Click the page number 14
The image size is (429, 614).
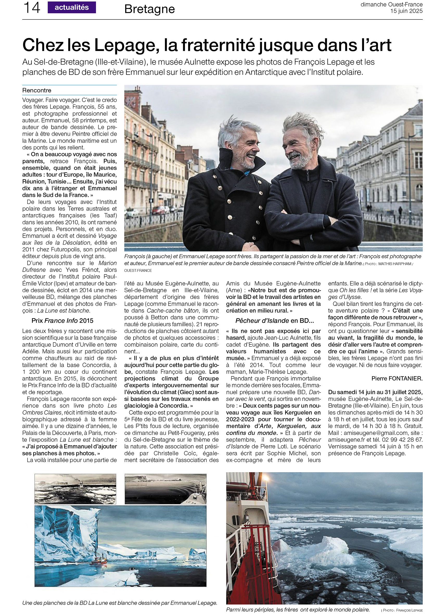tap(31, 8)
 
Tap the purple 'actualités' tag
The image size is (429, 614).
tap(72, 8)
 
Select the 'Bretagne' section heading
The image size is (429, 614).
tap(149, 9)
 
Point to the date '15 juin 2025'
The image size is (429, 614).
tap(406, 11)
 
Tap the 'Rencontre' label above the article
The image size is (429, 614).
tap(37, 90)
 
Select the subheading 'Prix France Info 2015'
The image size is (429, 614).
tap(62, 321)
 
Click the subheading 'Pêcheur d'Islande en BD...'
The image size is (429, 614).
tap(274, 321)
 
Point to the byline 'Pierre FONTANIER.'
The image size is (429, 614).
tap(397, 378)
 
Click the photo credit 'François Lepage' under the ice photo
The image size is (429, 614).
tap(409, 610)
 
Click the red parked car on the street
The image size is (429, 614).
tap(159, 210)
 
